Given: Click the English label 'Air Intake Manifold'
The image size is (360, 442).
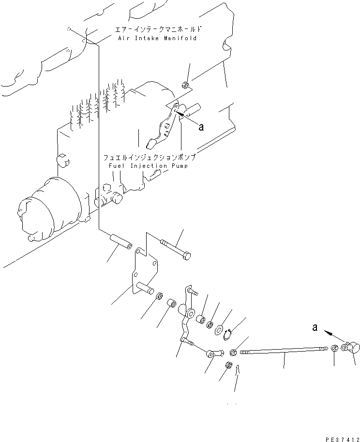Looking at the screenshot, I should point(157,38).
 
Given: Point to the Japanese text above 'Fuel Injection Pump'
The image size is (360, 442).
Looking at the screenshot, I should point(149,158).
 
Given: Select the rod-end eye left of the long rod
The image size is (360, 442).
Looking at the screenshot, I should point(214,354).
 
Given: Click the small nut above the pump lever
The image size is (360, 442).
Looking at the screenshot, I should point(185,86).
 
